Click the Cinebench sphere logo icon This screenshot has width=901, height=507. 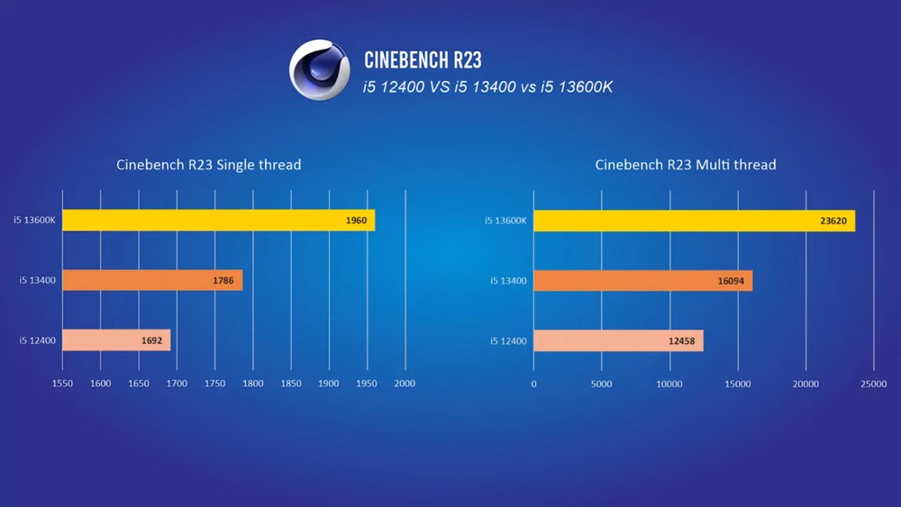[319, 69]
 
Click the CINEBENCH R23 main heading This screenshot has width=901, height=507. [423, 60]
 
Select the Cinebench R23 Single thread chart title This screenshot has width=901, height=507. [208, 165]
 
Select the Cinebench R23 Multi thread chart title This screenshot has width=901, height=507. [686, 165]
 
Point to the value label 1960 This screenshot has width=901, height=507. [356, 221]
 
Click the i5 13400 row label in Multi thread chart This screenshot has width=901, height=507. [507, 281]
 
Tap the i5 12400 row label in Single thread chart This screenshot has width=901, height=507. [38, 340]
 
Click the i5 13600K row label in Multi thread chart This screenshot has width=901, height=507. [505, 221]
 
